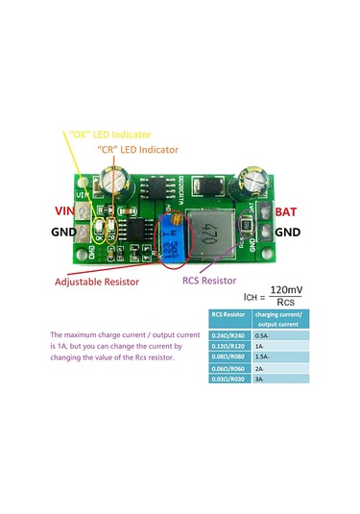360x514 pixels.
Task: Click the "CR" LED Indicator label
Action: click(x=137, y=151)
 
